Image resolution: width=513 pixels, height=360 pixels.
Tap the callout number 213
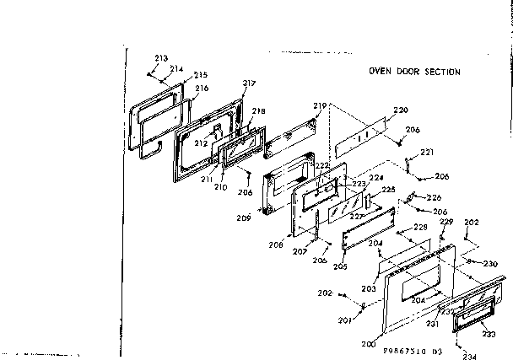(x=160, y=58)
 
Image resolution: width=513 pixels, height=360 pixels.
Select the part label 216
(x=202, y=89)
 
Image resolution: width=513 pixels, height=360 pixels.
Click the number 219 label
(x=319, y=105)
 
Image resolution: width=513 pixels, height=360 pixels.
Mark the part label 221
(x=427, y=153)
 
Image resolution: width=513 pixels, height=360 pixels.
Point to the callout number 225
(x=389, y=190)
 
